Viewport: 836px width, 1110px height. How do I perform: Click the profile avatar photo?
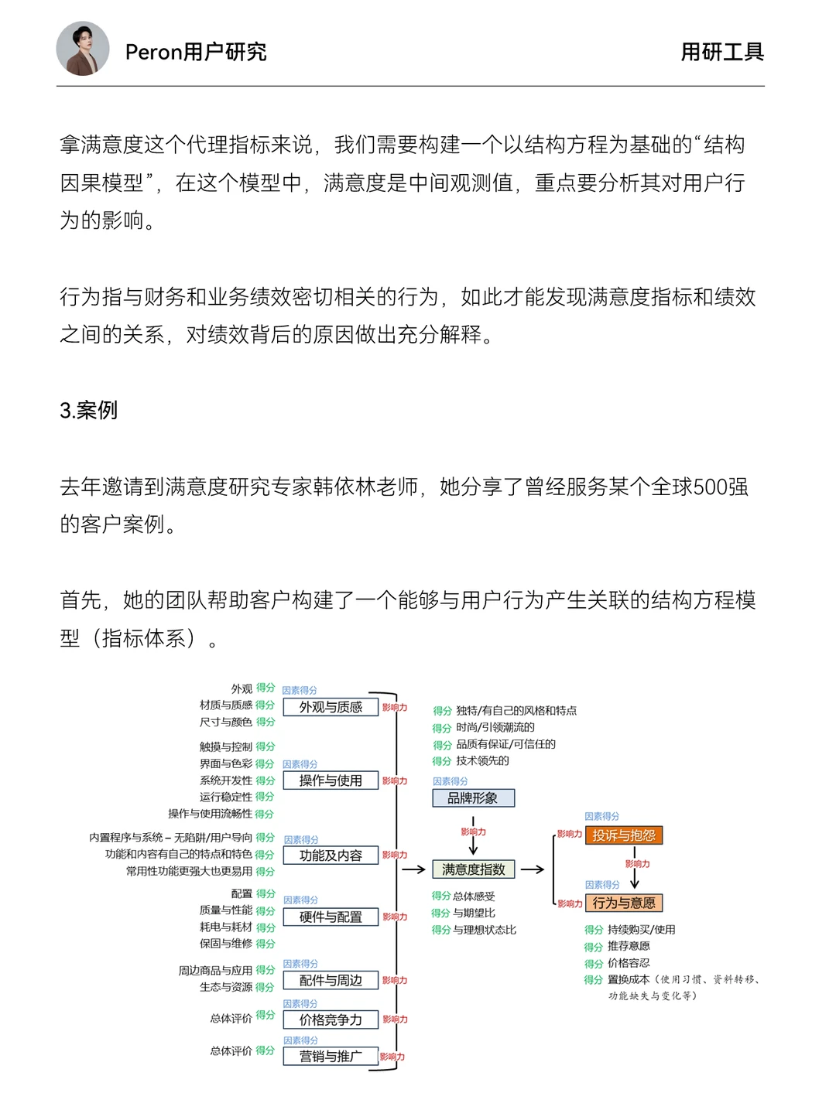(x=83, y=49)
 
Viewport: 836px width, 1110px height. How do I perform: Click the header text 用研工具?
(x=721, y=52)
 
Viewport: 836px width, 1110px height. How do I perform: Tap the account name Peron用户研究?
(x=196, y=52)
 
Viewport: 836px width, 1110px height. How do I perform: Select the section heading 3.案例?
(x=89, y=410)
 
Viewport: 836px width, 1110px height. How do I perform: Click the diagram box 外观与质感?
(x=331, y=707)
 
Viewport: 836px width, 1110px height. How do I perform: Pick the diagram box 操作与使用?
(x=331, y=780)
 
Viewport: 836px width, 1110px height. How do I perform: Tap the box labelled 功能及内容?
(x=331, y=856)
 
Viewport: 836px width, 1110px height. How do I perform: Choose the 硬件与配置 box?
(x=331, y=917)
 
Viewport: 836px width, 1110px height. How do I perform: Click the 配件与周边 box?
(x=331, y=980)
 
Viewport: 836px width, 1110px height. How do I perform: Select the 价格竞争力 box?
(x=331, y=1019)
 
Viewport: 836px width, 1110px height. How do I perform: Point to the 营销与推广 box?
(x=331, y=1056)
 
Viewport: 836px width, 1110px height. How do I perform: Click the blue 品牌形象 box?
(x=472, y=797)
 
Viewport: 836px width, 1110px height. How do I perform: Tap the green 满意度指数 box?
(x=473, y=869)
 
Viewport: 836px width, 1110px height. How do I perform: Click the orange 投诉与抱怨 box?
(x=624, y=835)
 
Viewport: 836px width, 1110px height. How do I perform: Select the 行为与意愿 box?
(x=624, y=903)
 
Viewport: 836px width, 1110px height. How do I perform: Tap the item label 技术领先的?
(x=482, y=761)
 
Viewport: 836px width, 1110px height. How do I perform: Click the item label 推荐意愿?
(x=629, y=946)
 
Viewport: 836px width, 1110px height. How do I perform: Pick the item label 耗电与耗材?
(x=226, y=927)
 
